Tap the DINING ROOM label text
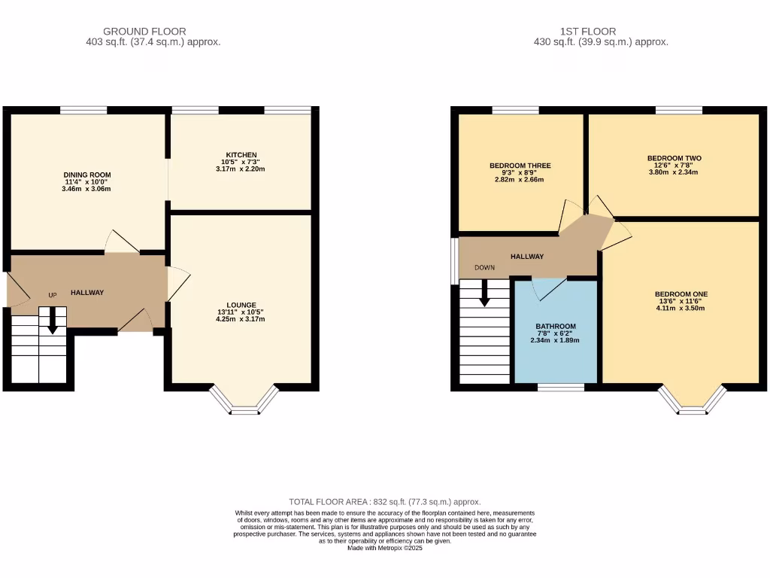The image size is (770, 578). (86, 175)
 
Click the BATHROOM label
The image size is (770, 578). (556, 327)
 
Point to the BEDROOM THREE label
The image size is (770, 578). (520, 166)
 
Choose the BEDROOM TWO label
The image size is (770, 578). (674, 158)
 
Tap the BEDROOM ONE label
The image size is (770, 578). (681, 294)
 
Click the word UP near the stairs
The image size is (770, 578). (53, 295)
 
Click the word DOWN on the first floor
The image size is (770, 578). (484, 268)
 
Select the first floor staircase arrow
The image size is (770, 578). (484, 294)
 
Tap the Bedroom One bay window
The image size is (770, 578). (693, 402)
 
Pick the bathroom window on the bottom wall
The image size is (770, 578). (561, 387)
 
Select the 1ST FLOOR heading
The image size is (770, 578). (588, 32)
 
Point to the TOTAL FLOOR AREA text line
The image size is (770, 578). (385, 502)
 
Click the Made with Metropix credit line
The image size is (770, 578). (385, 549)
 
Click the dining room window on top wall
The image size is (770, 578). (83, 110)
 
